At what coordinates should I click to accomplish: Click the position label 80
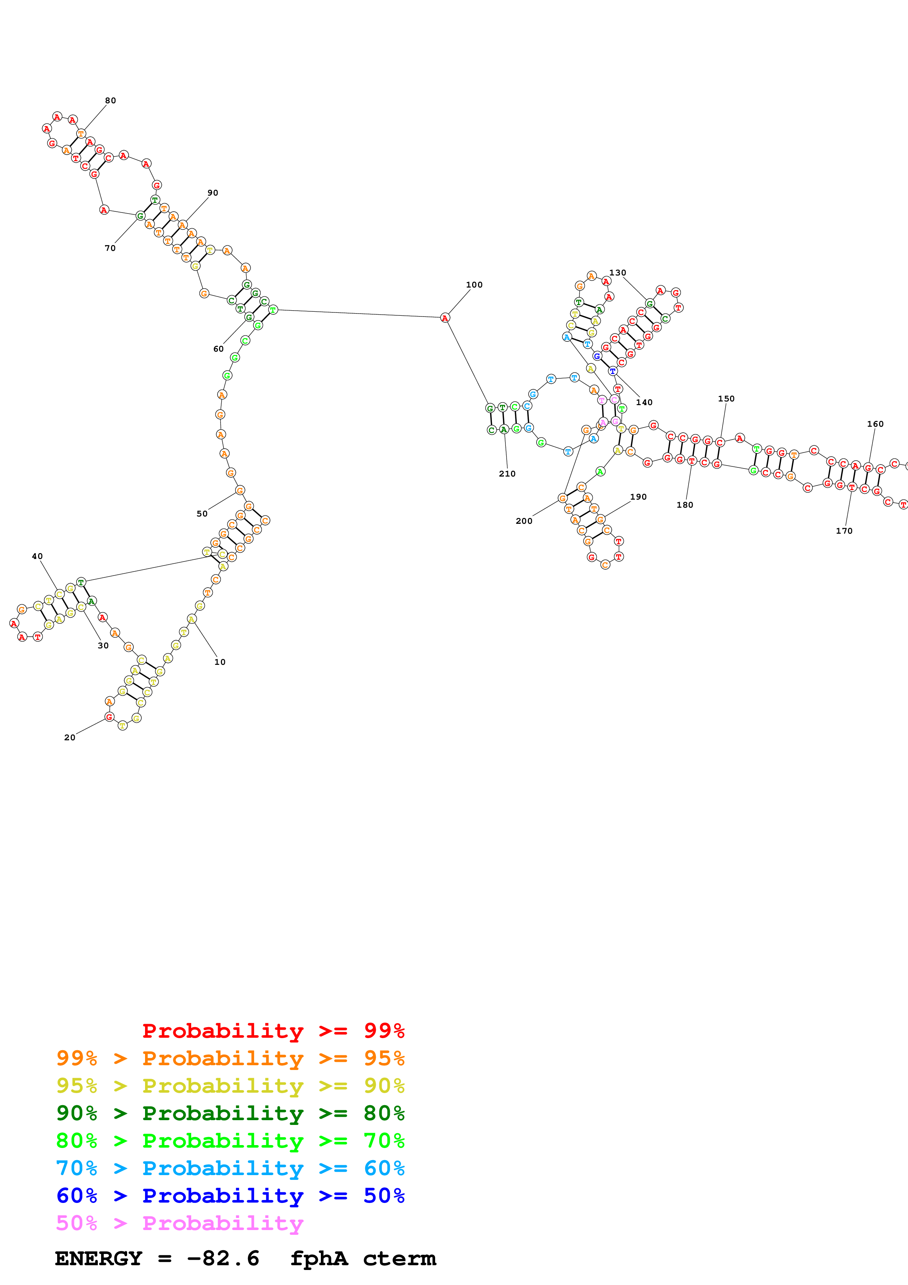(110, 101)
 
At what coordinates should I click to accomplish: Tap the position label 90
(212, 193)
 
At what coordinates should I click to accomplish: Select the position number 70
(110, 248)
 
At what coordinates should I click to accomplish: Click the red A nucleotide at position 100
(445, 318)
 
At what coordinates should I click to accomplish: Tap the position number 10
(220, 662)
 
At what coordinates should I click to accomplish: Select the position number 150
(726, 399)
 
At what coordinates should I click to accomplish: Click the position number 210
(507, 474)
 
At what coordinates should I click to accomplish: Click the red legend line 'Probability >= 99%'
(273, 1030)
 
